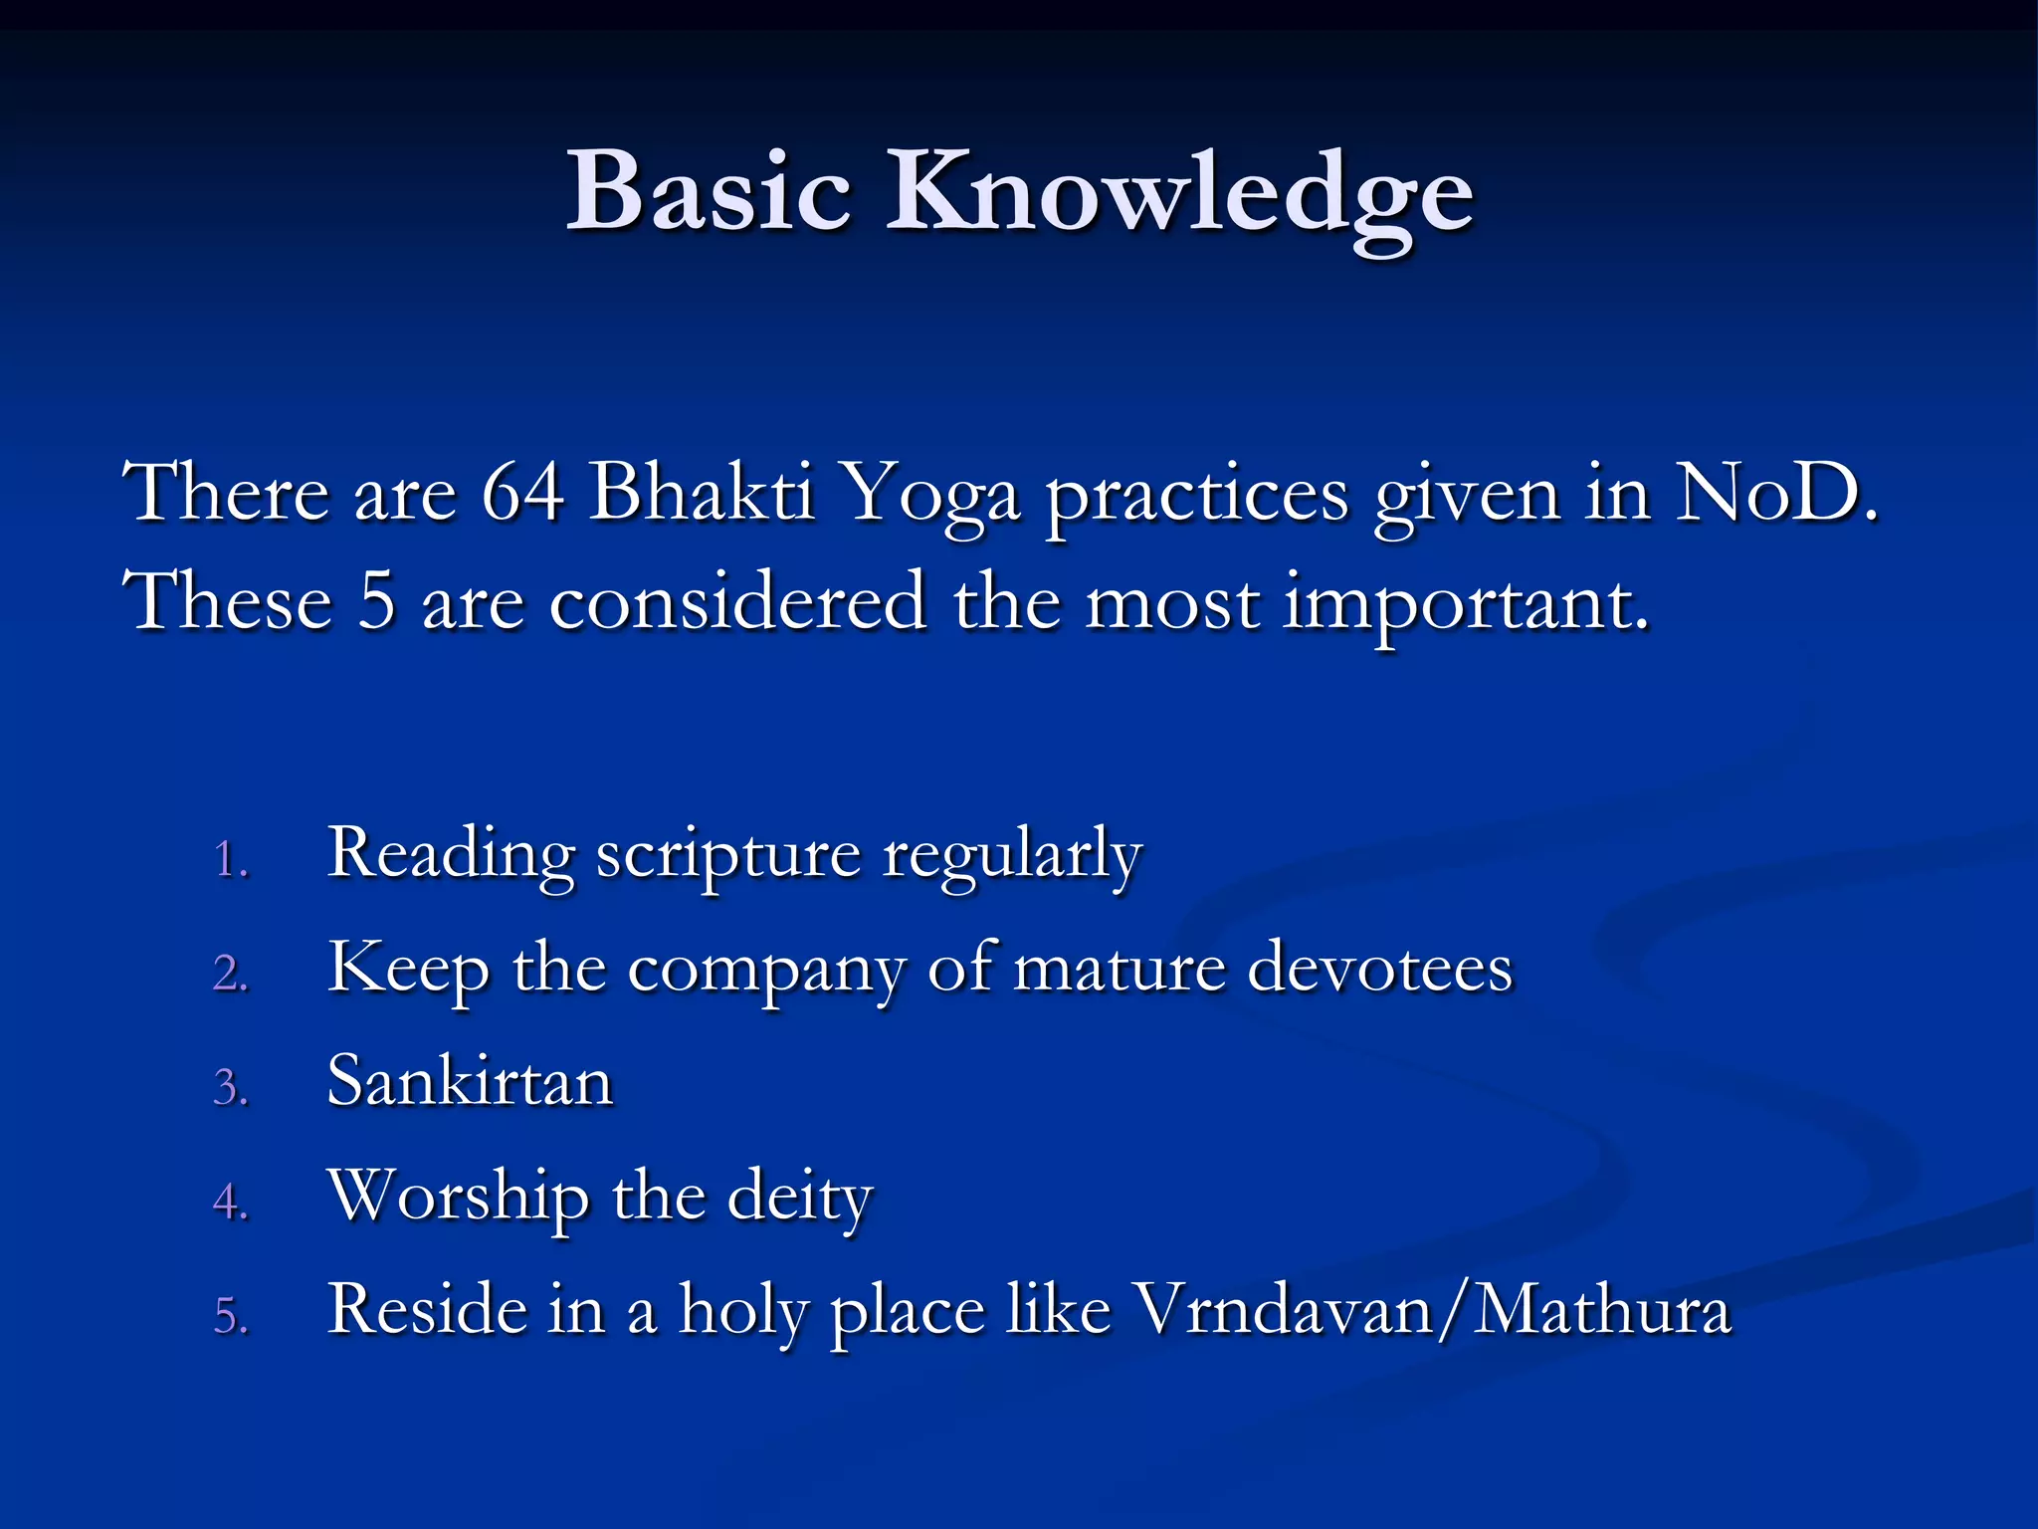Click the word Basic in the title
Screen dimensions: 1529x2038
(x=709, y=191)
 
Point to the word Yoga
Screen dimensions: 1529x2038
(x=930, y=495)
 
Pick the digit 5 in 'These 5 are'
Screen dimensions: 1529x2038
(x=377, y=602)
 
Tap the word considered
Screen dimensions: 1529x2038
(x=737, y=602)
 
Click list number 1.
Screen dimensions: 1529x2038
(x=230, y=859)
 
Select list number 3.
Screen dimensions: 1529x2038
(x=230, y=1087)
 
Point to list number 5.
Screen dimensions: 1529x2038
(x=230, y=1316)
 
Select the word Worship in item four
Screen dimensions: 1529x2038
(x=458, y=1196)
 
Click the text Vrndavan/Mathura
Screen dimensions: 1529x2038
(x=1433, y=1309)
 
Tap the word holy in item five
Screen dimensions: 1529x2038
(x=742, y=1311)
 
